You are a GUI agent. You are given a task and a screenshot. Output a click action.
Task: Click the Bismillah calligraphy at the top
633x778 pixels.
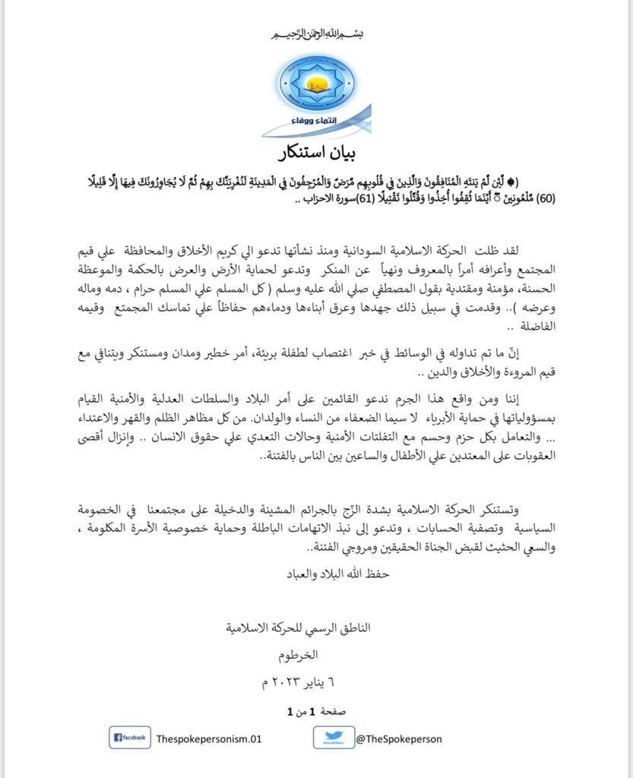(x=318, y=35)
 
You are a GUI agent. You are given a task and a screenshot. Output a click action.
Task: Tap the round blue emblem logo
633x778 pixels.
(x=317, y=85)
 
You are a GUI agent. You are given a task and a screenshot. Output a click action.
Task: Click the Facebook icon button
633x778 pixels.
(x=130, y=737)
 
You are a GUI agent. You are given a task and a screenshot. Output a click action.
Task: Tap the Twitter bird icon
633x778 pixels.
(x=333, y=737)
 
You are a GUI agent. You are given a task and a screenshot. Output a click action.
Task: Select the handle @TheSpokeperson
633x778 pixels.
(x=398, y=738)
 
